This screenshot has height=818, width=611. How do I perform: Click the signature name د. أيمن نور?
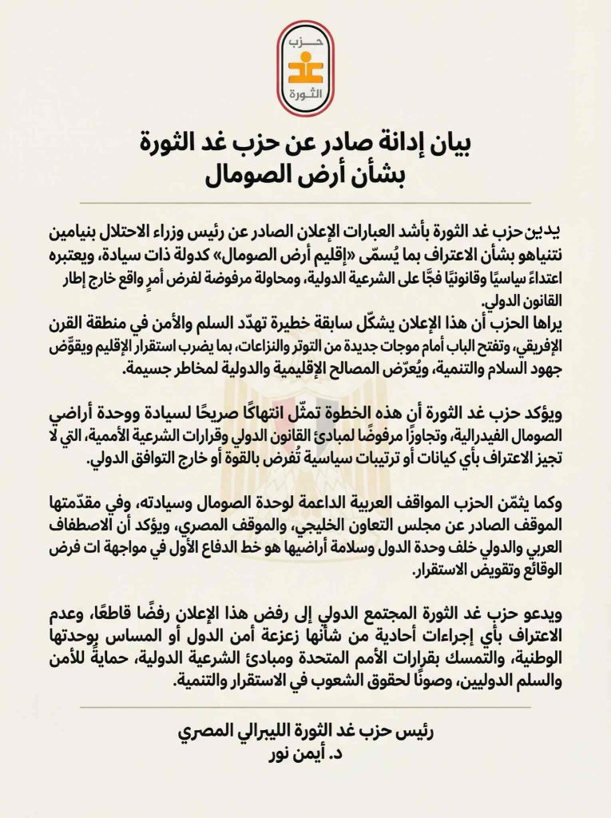[307, 752]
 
